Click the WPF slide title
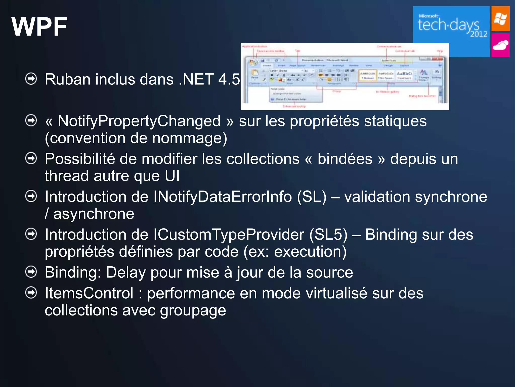click(x=39, y=27)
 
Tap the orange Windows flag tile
click(x=500, y=19)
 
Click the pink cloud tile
click(x=500, y=45)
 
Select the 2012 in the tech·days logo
click(x=479, y=34)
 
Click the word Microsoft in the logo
click(x=428, y=16)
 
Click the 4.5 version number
click(x=229, y=79)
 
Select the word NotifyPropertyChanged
click(x=139, y=121)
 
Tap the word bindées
click(x=345, y=159)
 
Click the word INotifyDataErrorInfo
click(x=222, y=197)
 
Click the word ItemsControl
click(x=89, y=293)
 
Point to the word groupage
click(x=193, y=310)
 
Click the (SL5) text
click(x=328, y=235)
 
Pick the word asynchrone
click(x=94, y=214)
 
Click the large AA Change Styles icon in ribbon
click(x=423, y=73)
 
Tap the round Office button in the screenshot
click(x=253, y=62)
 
